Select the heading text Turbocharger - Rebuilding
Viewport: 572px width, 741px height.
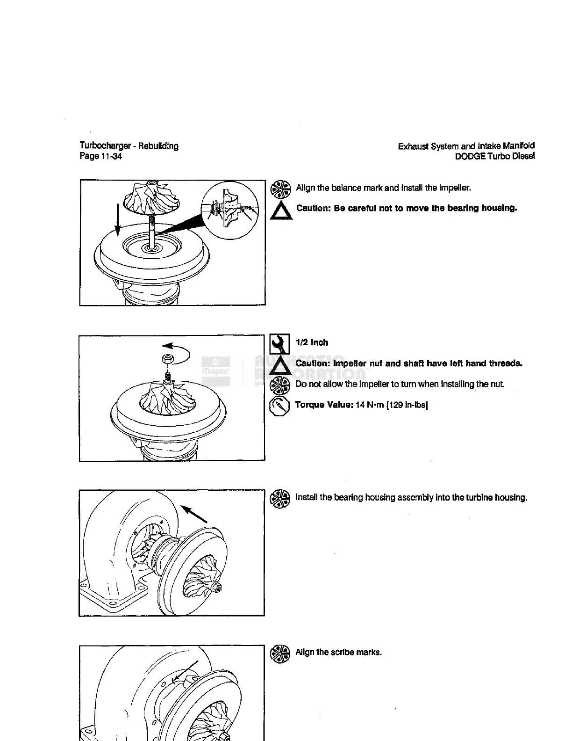point(129,146)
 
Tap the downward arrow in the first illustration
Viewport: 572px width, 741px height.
point(118,220)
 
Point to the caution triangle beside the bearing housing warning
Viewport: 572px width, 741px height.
point(281,211)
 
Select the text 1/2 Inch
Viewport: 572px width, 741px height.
point(312,343)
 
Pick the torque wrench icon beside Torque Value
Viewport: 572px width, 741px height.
point(279,406)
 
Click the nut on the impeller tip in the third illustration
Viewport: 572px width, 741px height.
point(218,588)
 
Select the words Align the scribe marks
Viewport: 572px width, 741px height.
point(339,653)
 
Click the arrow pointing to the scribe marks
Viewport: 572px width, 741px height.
point(185,673)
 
